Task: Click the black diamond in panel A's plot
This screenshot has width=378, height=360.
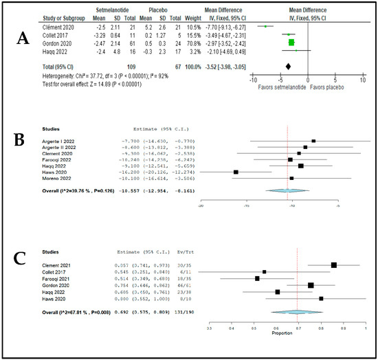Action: [288, 65]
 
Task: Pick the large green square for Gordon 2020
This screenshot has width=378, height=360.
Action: [291, 41]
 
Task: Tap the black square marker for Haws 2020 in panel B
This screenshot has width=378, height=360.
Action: [236, 172]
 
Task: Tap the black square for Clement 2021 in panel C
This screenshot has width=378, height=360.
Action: [334, 265]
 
